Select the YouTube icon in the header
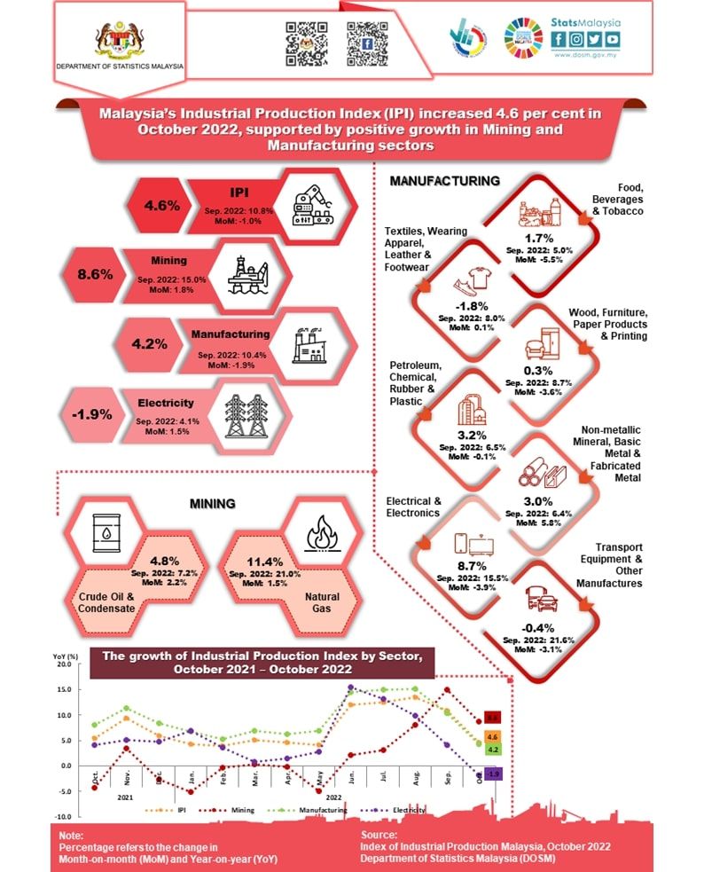613,39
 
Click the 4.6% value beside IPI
162,205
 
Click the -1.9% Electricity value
86,413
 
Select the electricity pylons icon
246,413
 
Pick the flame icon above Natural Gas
320,535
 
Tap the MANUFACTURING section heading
445,182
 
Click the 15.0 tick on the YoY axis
62,689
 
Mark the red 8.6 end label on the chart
493,717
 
